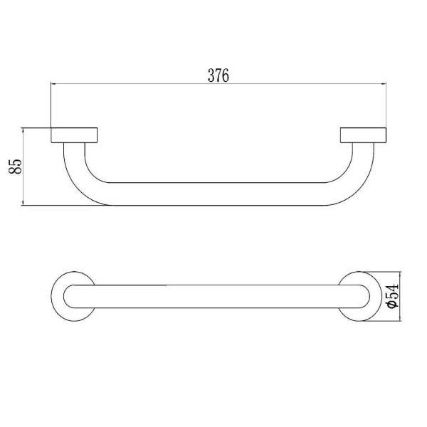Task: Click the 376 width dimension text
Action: (218, 75)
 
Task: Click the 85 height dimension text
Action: (15, 166)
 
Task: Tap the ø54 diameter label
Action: (393, 296)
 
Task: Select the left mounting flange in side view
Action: (74, 135)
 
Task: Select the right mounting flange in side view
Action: (363, 135)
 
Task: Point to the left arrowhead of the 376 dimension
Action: (53, 83)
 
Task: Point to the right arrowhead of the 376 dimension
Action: (384, 83)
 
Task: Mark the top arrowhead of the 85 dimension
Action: (23, 130)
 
